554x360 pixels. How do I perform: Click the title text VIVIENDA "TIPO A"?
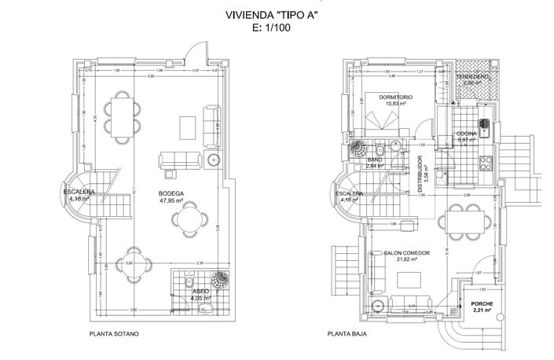point(277,13)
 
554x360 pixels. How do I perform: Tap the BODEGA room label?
point(171,193)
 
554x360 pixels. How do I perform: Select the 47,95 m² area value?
point(171,200)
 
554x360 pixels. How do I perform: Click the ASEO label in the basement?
point(200,291)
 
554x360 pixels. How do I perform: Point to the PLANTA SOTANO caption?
point(115,333)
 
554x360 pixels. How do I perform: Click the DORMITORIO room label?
point(396,97)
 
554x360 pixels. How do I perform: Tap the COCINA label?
point(467,134)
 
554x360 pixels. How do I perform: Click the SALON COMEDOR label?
point(407,253)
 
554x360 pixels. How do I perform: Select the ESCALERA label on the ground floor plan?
point(348,193)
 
